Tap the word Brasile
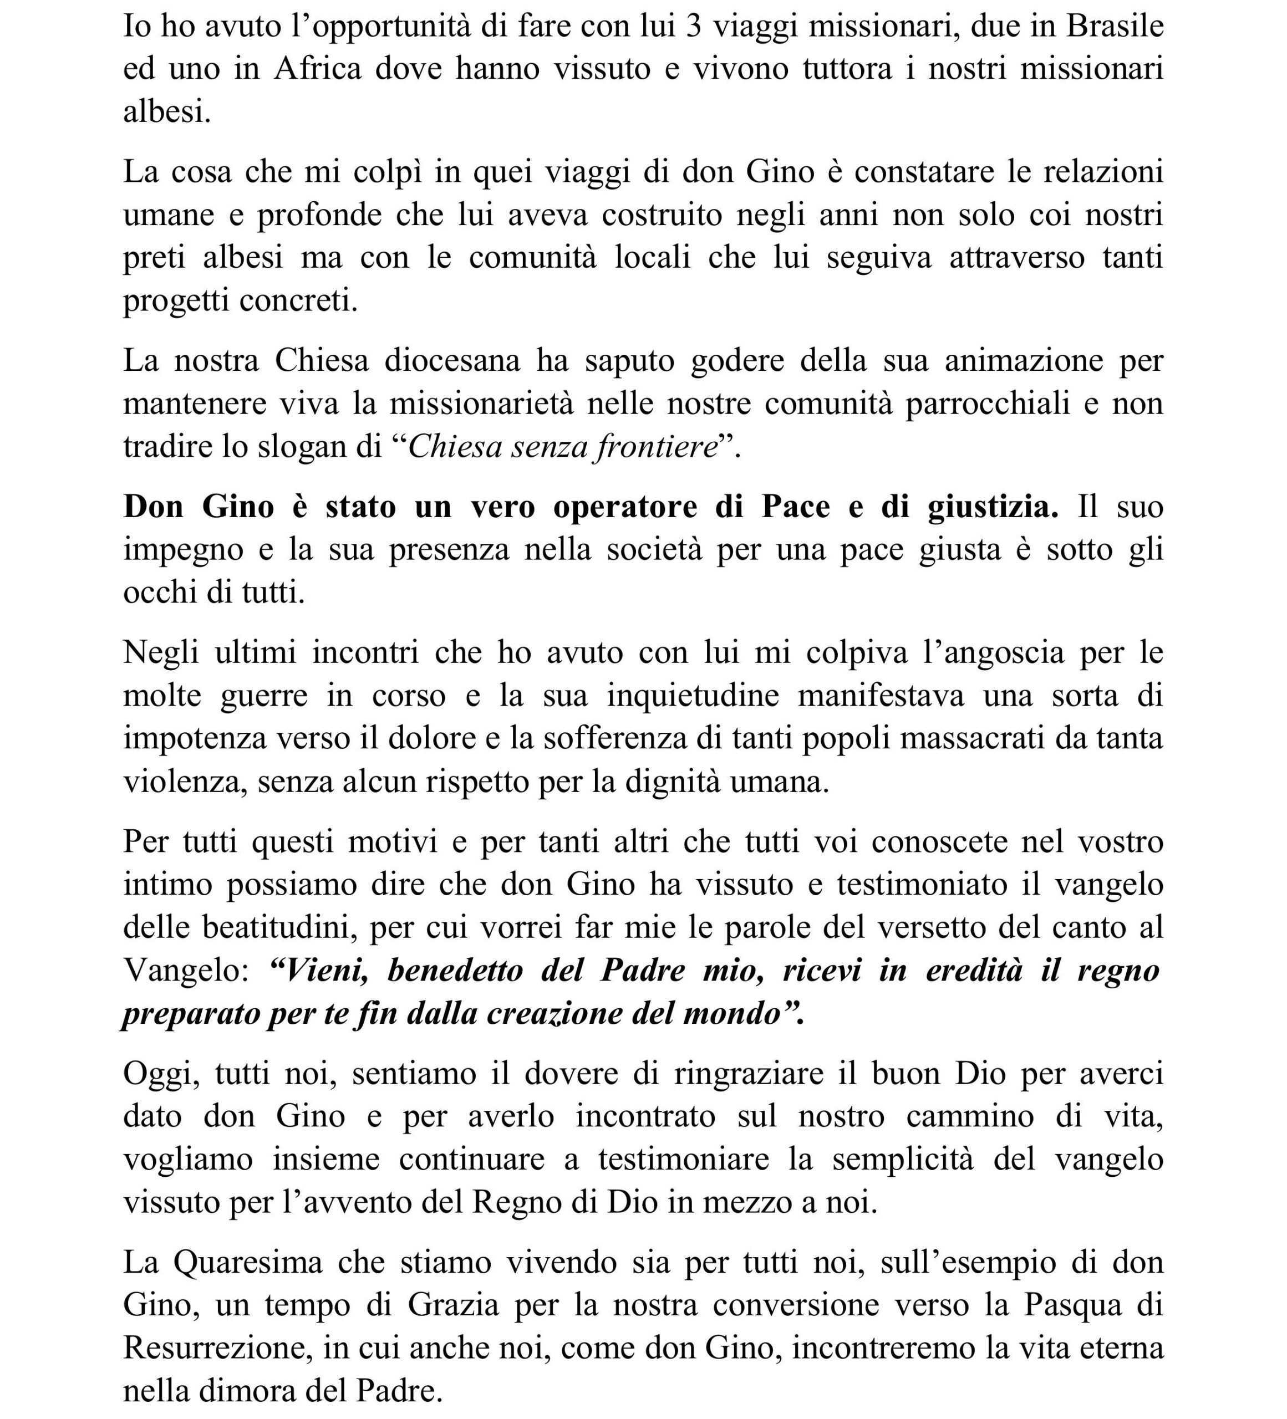(x=1115, y=27)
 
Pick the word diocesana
(x=452, y=360)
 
